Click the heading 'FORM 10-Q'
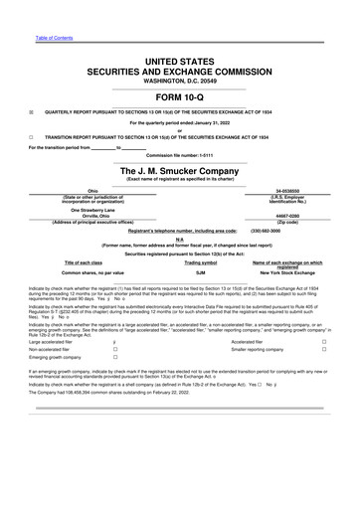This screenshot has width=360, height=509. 180,95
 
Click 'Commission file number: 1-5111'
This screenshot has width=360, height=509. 180,154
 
